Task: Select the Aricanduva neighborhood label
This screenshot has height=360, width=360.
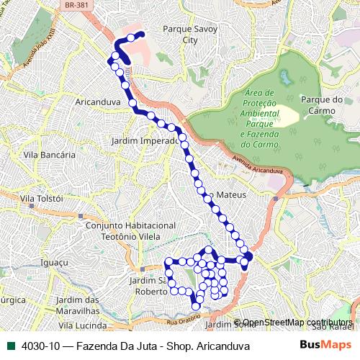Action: [x=97, y=102]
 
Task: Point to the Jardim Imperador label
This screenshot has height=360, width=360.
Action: [x=145, y=140]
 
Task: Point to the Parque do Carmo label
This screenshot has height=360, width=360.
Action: [x=322, y=104]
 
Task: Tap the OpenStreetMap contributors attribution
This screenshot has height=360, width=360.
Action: [x=297, y=323]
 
